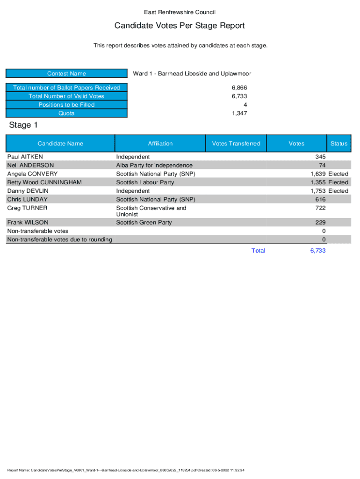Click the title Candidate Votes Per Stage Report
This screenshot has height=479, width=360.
180,26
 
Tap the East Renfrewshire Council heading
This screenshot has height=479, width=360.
180,12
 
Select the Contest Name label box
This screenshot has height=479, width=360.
66,73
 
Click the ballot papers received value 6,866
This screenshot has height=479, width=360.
239,88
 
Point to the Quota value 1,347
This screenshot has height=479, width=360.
239,113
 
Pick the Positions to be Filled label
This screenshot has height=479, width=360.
66,105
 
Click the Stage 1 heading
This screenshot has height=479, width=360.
23,125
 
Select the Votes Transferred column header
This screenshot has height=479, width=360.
236,144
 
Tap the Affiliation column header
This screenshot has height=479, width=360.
160,144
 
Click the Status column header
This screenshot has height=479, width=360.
339,144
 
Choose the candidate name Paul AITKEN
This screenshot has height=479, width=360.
25,157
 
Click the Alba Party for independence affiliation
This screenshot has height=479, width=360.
154,165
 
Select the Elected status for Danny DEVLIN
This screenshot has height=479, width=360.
338,191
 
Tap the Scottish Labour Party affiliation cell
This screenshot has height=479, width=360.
145,182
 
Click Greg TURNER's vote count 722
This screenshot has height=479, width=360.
320,208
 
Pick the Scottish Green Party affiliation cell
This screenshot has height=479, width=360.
144,223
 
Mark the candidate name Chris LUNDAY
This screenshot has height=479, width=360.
27,199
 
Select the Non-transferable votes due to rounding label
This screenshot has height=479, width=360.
59,239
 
